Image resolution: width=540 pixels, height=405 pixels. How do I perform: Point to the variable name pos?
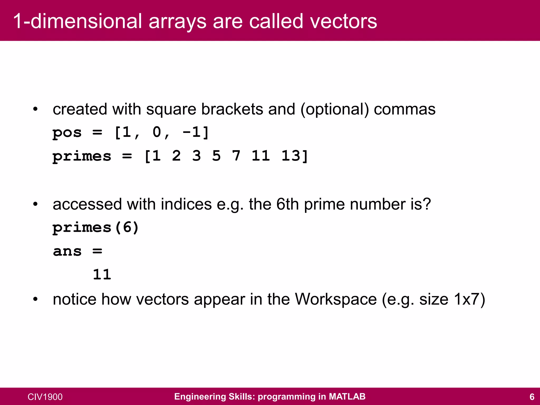(67, 132)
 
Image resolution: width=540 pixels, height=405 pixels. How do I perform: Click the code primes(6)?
(95, 227)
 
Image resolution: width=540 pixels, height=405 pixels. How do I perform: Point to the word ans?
(67, 251)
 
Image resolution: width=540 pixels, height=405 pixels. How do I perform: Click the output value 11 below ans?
(102, 275)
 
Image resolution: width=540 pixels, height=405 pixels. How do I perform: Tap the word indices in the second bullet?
(186, 204)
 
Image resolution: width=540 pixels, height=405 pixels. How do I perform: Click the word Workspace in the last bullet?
(336, 299)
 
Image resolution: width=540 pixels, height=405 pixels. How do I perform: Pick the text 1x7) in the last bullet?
(469, 299)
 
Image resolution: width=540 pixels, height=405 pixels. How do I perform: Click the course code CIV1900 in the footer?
(45, 397)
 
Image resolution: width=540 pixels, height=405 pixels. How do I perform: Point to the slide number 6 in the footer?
(532, 397)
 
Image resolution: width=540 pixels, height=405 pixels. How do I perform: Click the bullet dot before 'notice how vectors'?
(35, 300)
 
